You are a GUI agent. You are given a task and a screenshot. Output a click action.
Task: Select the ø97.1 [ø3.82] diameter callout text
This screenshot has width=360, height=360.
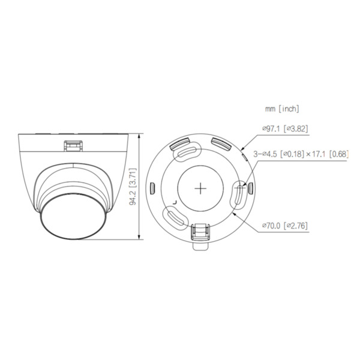286,128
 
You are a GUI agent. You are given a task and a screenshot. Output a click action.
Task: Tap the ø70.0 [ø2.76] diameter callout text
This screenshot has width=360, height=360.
286,226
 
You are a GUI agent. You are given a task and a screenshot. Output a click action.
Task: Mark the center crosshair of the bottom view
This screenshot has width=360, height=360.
200,187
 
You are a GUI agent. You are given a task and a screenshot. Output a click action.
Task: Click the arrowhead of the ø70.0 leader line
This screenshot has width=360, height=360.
236,211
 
